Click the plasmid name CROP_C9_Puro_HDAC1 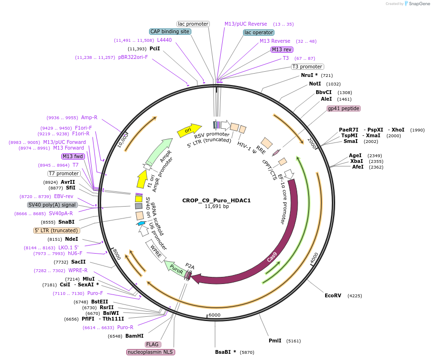pos(216,200)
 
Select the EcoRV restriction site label pos(333,295)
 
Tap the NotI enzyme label pos(315,84)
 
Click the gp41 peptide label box pos(344,108)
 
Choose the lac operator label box pos(259,32)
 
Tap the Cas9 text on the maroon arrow pos(272,257)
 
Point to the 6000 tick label pos(215,315)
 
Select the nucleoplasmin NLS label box pos(150,352)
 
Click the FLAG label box pos(153,344)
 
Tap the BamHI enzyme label pos(134,336)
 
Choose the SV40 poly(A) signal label pos(52,205)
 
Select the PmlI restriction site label pos(275,341)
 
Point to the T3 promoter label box pos(307,66)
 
